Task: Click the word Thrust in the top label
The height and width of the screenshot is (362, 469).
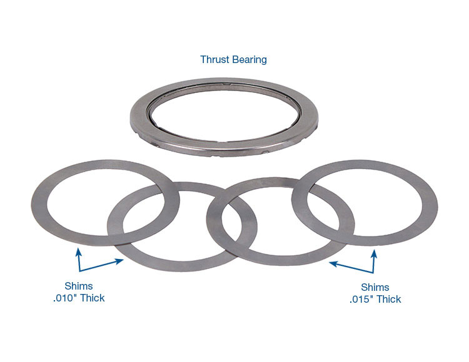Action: [x=214, y=60]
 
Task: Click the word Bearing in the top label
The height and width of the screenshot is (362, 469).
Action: [x=249, y=60]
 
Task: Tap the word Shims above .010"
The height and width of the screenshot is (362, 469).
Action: [x=78, y=286]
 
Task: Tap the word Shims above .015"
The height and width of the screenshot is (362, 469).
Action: [x=375, y=288]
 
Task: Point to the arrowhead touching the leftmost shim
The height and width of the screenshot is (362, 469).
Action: [x=78, y=251]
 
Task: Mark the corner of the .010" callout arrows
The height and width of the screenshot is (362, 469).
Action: [x=79, y=271]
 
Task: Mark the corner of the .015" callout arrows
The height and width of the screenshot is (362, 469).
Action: [x=374, y=271]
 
